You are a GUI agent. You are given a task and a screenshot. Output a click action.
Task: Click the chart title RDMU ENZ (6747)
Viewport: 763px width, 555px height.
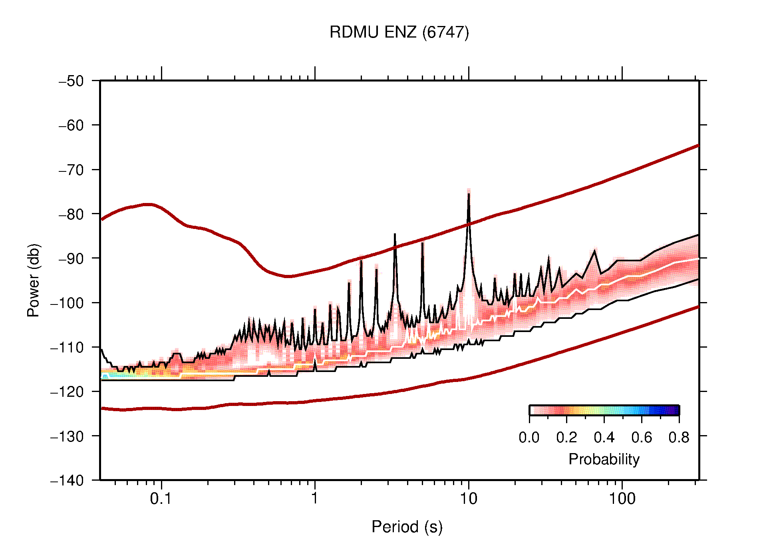coord(399,32)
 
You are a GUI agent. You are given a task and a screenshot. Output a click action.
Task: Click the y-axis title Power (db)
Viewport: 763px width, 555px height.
coord(34,280)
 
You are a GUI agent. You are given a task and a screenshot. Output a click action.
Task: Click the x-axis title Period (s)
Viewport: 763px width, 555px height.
coord(407,527)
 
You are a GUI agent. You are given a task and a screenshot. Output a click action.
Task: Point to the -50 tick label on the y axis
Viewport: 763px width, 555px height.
coord(71,81)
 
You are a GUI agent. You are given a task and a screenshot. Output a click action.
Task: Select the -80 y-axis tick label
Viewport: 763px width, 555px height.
coord(71,214)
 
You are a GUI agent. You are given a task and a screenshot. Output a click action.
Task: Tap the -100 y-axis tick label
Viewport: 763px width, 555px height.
coord(67,303)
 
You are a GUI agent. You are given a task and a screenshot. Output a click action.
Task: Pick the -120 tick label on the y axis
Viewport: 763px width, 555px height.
coord(67,392)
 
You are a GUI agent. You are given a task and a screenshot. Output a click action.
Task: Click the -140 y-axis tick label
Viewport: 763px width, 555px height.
coord(67,480)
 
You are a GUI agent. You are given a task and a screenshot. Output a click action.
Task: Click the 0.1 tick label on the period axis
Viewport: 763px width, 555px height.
coord(161,499)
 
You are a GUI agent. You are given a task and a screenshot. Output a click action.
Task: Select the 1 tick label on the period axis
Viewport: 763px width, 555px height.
coord(315,499)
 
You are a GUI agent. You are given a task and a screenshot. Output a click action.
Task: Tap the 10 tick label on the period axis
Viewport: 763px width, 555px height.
coord(468,499)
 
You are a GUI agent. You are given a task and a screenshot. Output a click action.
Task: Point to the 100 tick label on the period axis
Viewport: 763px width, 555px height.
coord(622,499)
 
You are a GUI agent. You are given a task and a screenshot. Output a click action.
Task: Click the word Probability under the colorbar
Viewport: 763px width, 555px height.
coord(604,460)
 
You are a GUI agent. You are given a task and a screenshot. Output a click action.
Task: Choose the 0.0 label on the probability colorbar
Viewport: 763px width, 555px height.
coord(529,438)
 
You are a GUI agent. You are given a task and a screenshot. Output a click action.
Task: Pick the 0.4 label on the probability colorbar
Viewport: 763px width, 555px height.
coord(604,438)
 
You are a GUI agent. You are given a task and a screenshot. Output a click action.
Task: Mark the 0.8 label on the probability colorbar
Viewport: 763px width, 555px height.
coord(679,438)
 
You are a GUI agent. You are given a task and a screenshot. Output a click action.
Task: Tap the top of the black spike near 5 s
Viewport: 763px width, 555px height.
coord(422,243)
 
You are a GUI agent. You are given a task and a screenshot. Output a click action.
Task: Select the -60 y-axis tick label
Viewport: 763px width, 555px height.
coord(71,125)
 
